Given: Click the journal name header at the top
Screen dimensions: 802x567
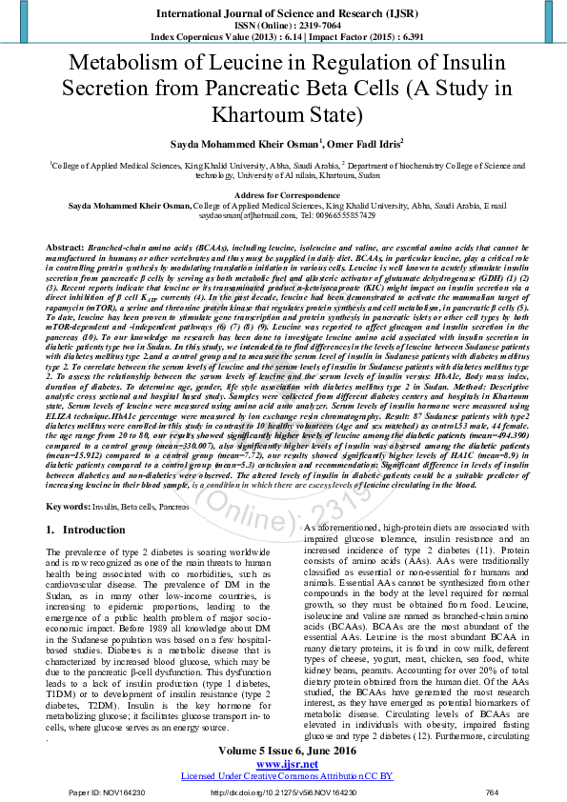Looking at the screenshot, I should [283, 13].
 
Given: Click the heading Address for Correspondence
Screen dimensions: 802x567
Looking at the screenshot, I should [283, 193].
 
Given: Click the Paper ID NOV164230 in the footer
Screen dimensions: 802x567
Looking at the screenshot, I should [105, 792].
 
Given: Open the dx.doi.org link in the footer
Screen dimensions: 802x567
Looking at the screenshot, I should [283, 792].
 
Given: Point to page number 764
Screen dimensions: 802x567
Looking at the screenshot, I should [492, 792].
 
